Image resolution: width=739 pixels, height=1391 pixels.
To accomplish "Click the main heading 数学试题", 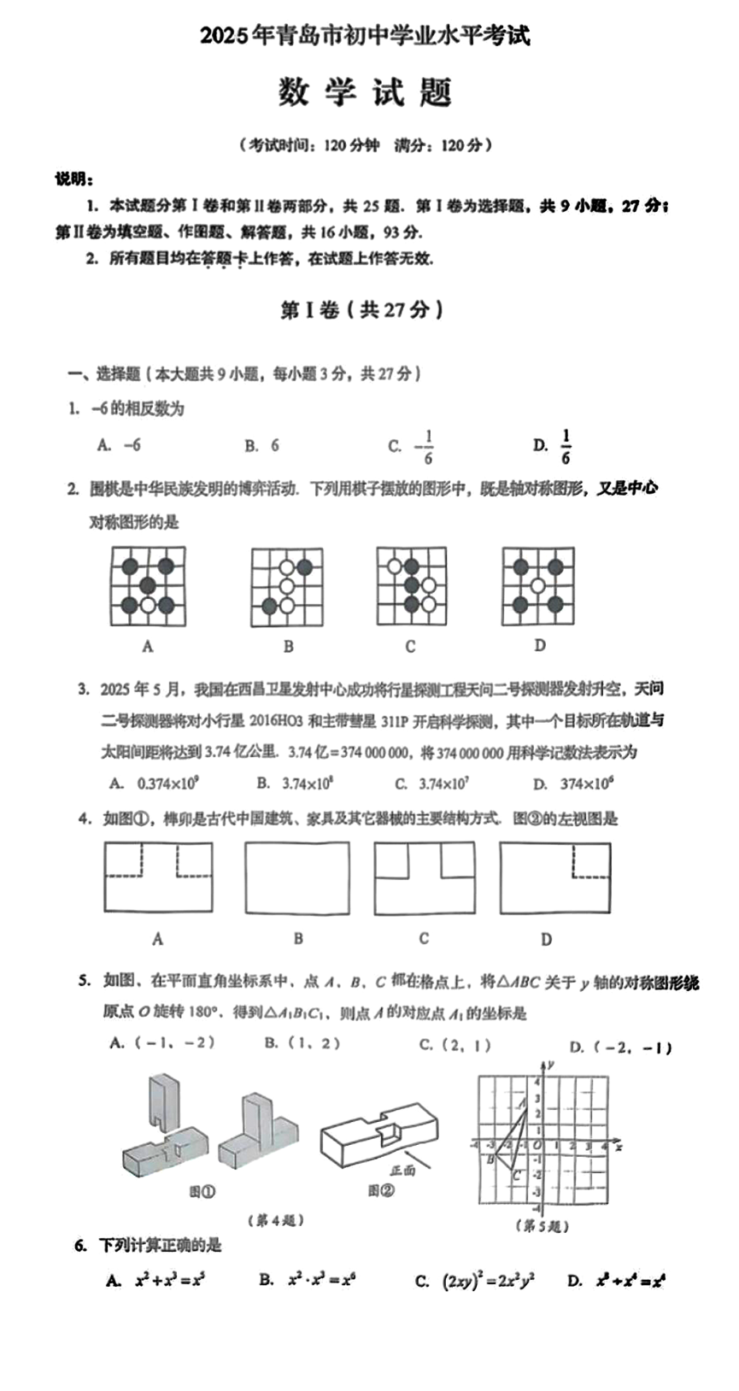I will tap(365, 92).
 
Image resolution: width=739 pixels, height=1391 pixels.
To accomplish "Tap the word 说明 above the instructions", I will tap(74, 179).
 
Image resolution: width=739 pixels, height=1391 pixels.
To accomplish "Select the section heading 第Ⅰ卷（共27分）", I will tap(362, 310).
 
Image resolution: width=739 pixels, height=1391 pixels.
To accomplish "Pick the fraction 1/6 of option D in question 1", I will tap(566, 446).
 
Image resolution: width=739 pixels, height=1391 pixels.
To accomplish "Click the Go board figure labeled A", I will tap(148, 586).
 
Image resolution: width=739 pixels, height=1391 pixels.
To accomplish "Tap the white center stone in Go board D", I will tap(537, 585).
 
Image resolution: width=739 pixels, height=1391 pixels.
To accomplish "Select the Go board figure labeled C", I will tap(411, 585).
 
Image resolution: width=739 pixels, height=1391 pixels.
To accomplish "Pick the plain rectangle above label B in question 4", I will tap(297, 878).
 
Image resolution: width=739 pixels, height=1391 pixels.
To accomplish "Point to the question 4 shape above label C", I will tap(424, 878).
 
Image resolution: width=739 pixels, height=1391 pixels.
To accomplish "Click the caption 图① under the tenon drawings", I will tap(202, 1190).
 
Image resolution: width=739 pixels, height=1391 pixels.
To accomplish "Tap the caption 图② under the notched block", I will tap(381, 1190).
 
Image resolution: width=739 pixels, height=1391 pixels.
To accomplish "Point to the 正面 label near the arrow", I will tap(402, 1170).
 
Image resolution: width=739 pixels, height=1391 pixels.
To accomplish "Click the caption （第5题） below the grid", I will tap(542, 1226).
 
